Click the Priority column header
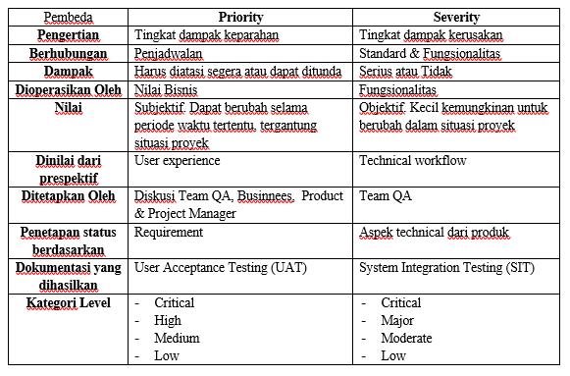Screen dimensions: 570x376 click(240, 17)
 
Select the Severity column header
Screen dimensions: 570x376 click(457, 17)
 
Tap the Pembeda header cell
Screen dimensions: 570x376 click(66, 17)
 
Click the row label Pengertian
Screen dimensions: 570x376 click(66, 34)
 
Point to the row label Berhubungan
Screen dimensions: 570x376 click(66, 52)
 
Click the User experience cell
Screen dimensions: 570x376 click(178, 160)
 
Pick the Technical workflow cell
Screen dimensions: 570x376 click(413, 160)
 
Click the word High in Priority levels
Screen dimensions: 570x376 click(168, 320)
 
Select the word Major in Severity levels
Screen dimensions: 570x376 click(397, 320)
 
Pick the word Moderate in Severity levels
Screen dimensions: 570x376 click(406, 338)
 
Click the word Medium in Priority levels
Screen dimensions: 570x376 click(177, 338)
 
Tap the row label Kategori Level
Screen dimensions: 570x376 click(66, 302)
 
